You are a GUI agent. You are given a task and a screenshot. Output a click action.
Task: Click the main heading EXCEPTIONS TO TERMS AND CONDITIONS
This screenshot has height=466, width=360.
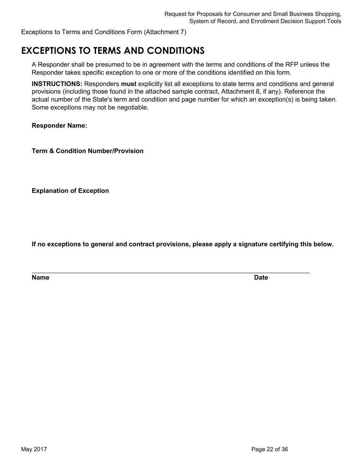(113, 51)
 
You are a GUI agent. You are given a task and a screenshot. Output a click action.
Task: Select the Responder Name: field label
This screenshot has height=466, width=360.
(59, 126)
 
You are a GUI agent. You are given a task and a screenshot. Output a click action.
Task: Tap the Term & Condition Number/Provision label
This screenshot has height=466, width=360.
(88, 151)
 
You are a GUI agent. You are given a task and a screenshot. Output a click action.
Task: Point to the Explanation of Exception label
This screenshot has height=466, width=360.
(70, 191)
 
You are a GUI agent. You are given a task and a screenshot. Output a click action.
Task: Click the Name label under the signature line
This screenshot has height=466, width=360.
(41, 278)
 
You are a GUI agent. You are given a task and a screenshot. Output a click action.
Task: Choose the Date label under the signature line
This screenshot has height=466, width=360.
(261, 278)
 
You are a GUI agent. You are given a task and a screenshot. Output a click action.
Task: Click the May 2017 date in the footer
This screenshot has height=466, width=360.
(34, 449)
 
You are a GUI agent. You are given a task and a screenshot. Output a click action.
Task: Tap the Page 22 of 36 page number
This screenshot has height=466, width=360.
(269, 449)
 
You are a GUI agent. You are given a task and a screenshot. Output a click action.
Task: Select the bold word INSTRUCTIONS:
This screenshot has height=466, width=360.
(57, 84)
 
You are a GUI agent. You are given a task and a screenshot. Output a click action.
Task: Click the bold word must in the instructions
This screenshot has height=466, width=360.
(128, 84)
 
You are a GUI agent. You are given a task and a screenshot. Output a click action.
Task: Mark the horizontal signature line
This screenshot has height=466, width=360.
(171, 273)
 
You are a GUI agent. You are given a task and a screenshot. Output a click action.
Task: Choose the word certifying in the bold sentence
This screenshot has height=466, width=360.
(284, 244)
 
